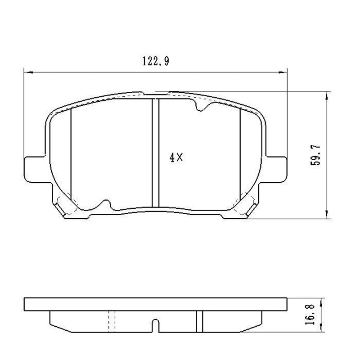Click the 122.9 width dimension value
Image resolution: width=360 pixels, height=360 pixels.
pos(156,62)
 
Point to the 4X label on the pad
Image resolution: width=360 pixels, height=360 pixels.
pos(176,157)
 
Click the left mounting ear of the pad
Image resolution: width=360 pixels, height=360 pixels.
pos(34,169)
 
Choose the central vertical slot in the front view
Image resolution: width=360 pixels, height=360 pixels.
pos(156,153)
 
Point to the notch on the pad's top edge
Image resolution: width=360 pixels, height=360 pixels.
pos(200,106)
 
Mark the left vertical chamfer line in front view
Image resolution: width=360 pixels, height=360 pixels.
pos(72,153)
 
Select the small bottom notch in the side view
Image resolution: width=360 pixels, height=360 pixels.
pos(155,326)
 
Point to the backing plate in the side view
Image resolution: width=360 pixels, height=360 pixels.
pos(155,305)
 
